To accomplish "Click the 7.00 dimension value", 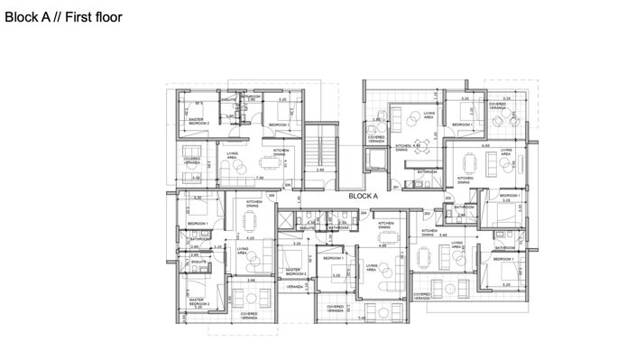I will pyautogui.click(x=259, y=178).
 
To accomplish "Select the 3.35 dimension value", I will pyautogui.click(x=197, y=178).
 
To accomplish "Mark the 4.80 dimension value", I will pyautogui.click(x=383, y=245).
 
